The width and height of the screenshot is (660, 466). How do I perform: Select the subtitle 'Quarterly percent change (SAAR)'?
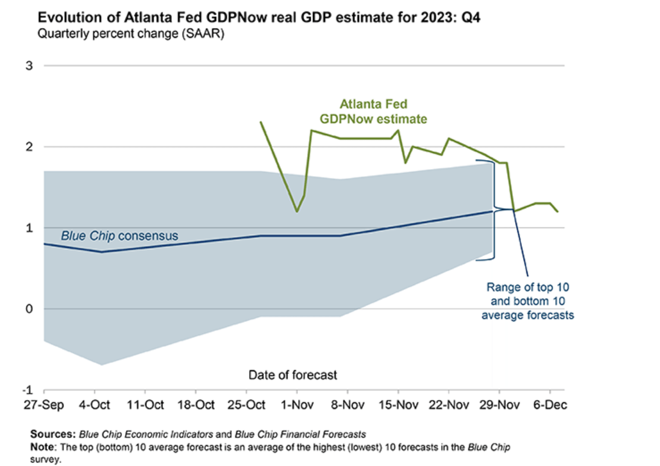[x=130, y=34]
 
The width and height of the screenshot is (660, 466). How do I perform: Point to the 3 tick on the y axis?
[x=28, y=65]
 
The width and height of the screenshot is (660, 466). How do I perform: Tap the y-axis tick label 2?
[x=28, y=146]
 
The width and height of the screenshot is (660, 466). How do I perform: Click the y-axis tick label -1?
[x=26, y=390]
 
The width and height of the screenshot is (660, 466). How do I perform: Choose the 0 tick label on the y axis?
[x=28, y=309]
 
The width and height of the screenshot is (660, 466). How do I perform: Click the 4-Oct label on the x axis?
[x=95, y=406]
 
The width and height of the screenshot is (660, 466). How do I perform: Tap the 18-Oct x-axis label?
[x=196, y=406]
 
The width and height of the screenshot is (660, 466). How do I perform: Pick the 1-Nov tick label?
[x=297, y=406]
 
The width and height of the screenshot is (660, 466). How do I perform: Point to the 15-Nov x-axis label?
[x=398, y=406]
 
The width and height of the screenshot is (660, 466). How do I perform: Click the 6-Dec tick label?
[x=549, y=406]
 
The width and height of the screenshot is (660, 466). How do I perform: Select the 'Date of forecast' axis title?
[x=293, y=375]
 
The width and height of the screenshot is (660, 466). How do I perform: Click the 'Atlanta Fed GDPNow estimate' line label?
[x=373, y=112]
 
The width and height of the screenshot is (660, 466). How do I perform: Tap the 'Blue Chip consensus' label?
[x=119, y=236]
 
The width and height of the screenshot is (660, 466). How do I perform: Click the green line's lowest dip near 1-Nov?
[x=297, y=211]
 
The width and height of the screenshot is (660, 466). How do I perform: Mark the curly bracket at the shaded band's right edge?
[x=495, y=209]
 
